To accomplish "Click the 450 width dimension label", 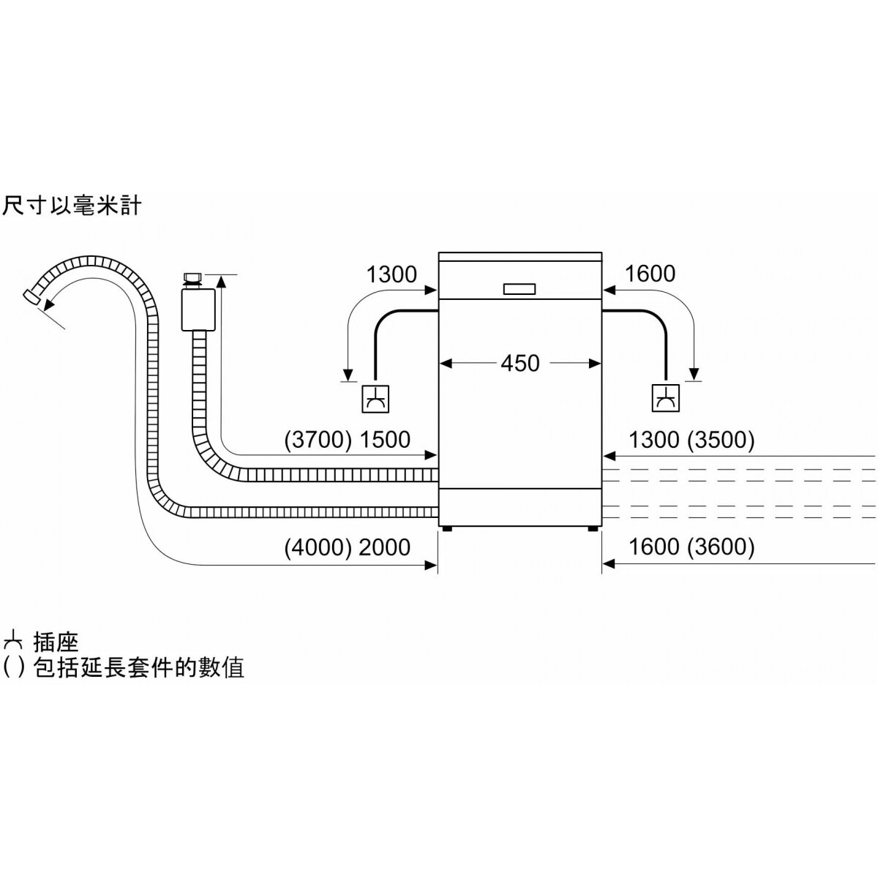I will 519,363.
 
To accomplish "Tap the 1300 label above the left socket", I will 391,274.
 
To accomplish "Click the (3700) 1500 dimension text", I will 347,440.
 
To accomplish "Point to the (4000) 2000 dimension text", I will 347,547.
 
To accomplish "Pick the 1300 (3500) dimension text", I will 691,440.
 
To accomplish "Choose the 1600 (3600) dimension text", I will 691,547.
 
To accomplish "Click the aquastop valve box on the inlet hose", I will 198,309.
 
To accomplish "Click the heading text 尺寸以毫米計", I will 71,206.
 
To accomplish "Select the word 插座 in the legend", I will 56,642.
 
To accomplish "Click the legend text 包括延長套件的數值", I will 138,668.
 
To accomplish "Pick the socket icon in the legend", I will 12,642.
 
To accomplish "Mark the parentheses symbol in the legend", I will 14,668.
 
